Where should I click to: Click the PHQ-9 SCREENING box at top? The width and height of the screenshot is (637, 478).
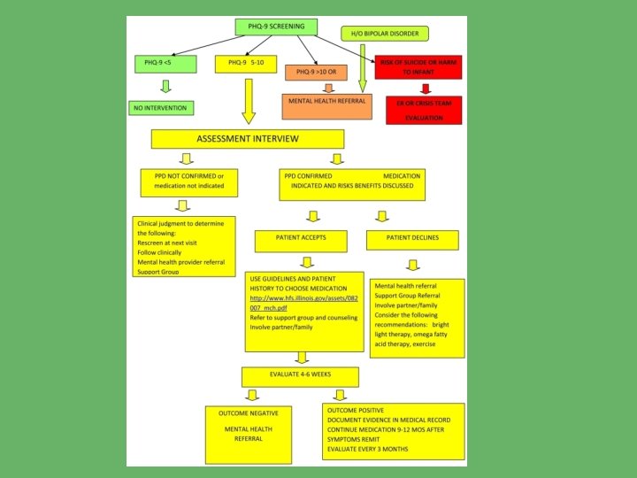pos(276,27)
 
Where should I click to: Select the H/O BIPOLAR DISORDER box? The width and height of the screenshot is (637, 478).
pos(384,35)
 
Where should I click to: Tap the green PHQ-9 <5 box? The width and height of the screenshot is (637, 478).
pos(164,63)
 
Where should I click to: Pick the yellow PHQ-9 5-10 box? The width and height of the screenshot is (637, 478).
pos(246,64)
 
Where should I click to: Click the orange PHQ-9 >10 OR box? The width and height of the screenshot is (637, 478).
pos(326,70)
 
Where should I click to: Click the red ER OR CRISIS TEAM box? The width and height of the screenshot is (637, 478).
pos(425,110)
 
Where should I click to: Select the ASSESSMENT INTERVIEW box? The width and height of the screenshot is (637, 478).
pos(247,139)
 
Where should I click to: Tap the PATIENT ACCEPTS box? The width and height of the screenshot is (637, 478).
pos(302,240)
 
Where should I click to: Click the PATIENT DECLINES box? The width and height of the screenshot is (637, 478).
pos(412,240)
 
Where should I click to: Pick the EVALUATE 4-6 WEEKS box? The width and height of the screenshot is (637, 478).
pos(300,377)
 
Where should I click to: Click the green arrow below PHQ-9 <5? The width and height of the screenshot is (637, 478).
pos(164,87)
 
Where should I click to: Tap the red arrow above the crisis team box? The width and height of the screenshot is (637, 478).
pos(426,88)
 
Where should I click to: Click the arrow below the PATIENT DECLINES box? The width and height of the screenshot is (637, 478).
pos(412,264)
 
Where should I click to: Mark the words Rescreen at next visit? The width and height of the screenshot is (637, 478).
pos(169,243)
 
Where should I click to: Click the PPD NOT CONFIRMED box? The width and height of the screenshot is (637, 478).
pos(189,181)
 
